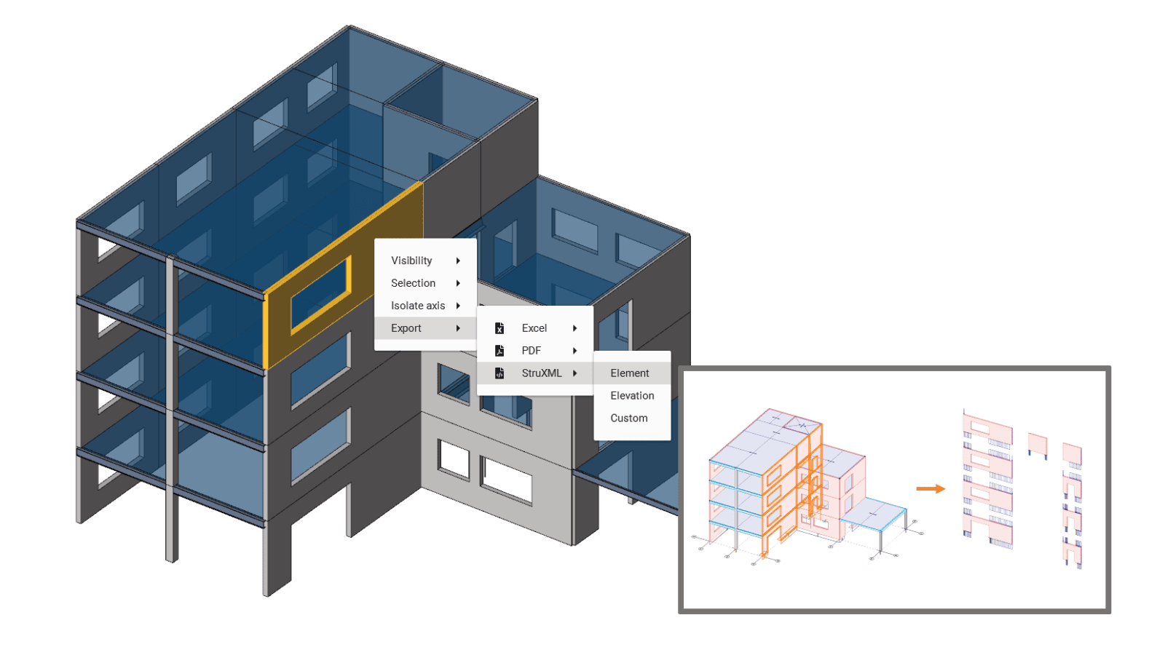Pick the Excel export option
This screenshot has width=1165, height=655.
point(534,328)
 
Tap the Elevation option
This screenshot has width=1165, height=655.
point(632,396)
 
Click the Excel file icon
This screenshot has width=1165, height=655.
point(499,328)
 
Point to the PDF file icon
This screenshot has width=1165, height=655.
point(499,350)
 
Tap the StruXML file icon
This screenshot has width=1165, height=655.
point(499,373)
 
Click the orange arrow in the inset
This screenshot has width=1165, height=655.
point(931,488)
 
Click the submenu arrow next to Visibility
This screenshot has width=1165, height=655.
point(458,261)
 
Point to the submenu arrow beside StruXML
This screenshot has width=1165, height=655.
point(574,373)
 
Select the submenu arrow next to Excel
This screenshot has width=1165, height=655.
point(574,328)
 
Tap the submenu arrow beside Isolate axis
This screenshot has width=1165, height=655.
point(458,306)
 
